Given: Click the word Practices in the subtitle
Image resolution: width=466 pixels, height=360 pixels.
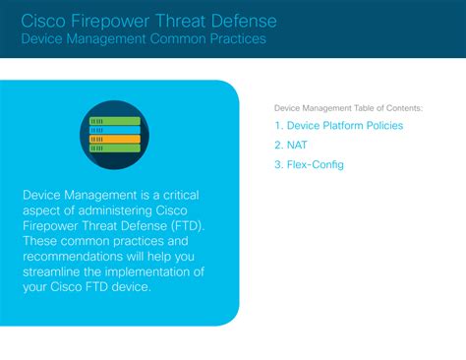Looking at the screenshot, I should pyautogui.click(x=236, y=40).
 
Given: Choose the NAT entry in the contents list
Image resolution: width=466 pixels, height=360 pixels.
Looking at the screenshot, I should pyautogui.click(x=296, y=146).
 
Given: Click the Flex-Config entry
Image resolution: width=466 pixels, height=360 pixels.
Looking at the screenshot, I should pyautogui.click(x=315, y=164).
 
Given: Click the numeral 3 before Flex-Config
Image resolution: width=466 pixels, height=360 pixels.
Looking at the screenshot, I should pyautogui.click(x=278, y=164).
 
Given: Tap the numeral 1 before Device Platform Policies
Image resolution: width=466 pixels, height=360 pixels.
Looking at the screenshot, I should pyautogui.click(x=278, y=126).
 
